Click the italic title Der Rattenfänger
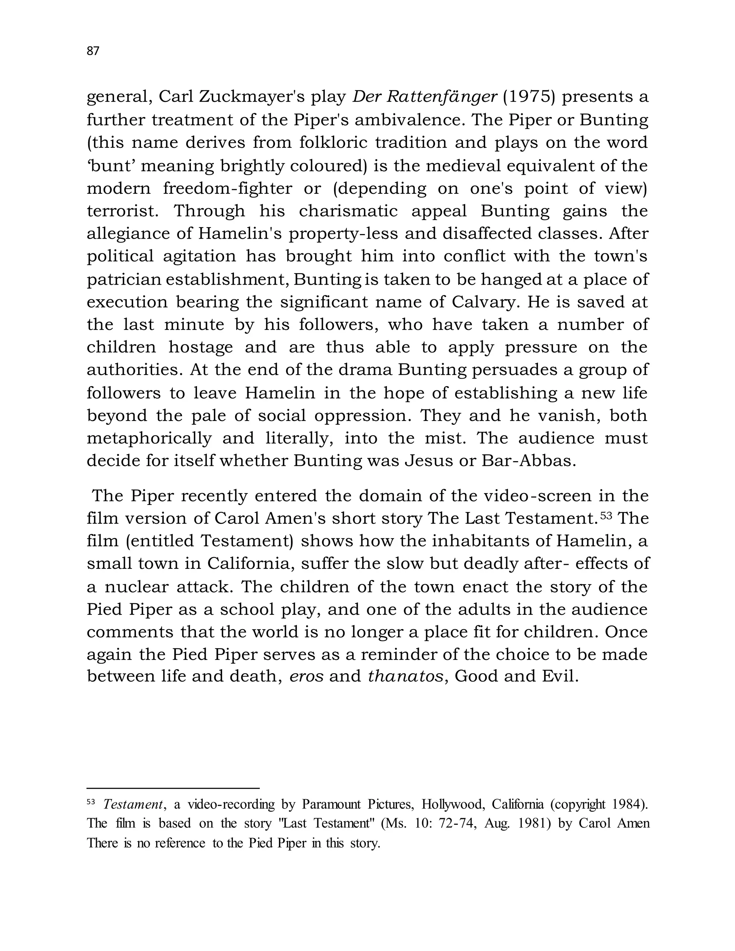click(x=425, y=97)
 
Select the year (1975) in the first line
click(x=529, y=97)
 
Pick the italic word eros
click(x=306, y=676)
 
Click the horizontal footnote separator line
click(x=173, y=788)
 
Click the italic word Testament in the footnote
click(x=133, y=804)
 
